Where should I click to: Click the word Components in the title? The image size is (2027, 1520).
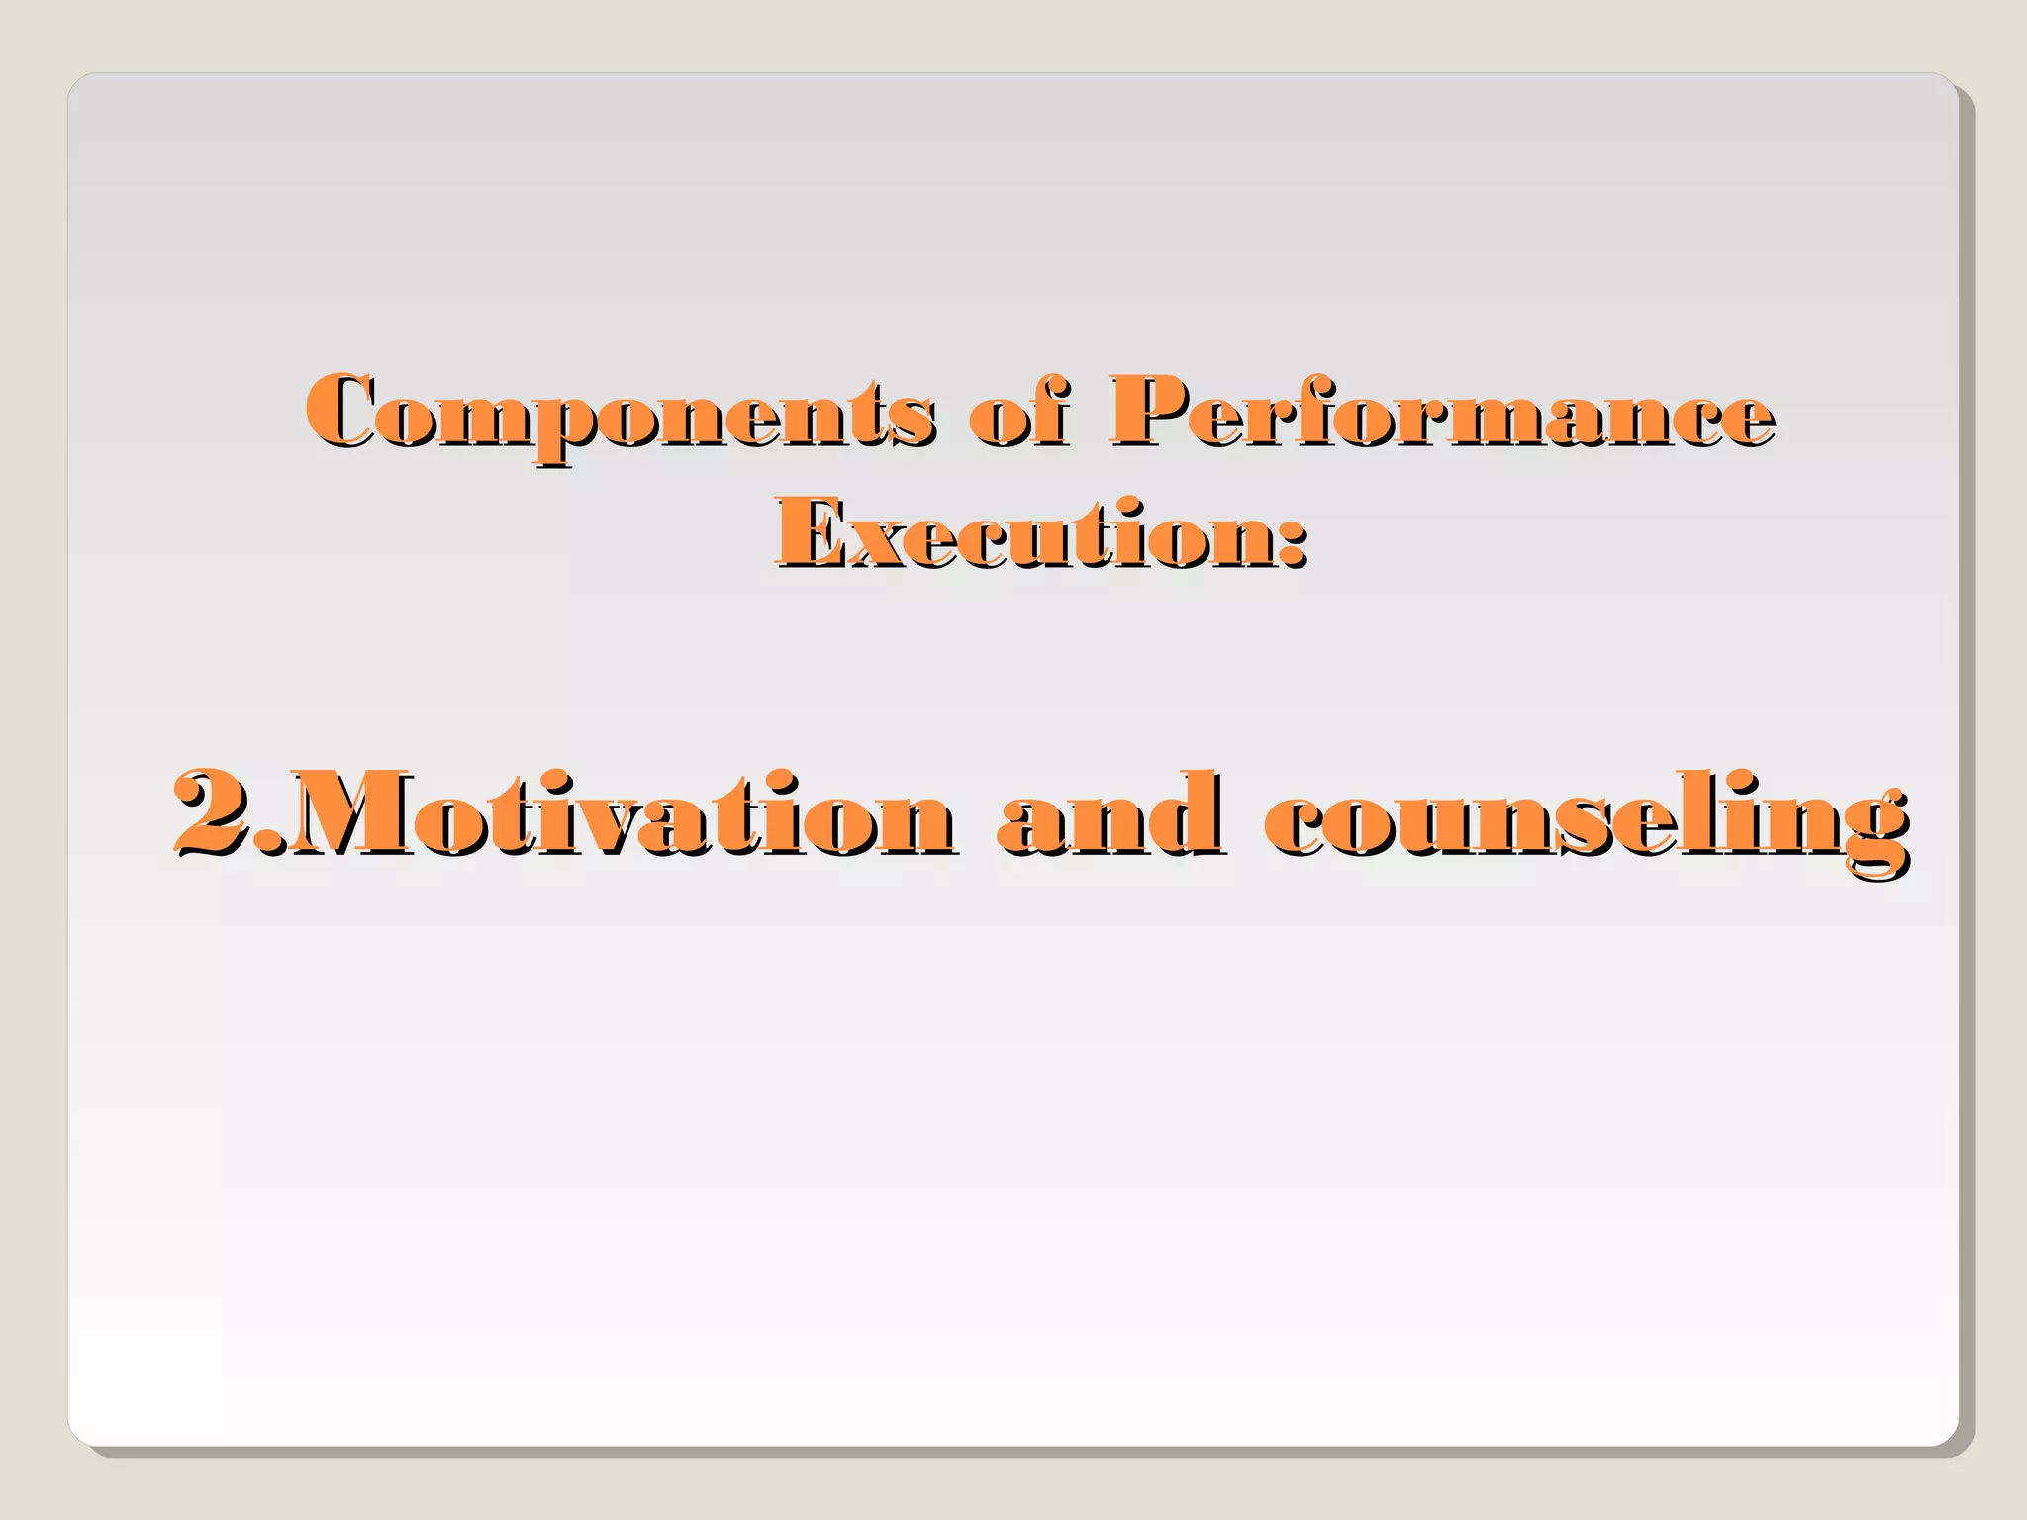click(619, 413)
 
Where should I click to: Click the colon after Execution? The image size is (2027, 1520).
click(1292, 542)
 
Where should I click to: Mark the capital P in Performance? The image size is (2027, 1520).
click(1153, 411)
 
